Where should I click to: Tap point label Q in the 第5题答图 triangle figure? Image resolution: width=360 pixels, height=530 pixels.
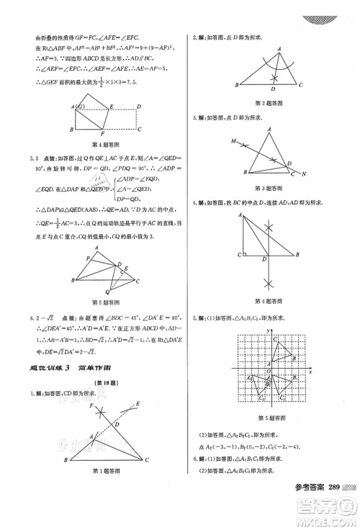coord(89,292)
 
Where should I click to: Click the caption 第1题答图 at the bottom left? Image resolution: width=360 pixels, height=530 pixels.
coord(100,491)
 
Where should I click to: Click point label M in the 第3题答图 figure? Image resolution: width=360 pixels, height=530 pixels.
coord(233,141)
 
